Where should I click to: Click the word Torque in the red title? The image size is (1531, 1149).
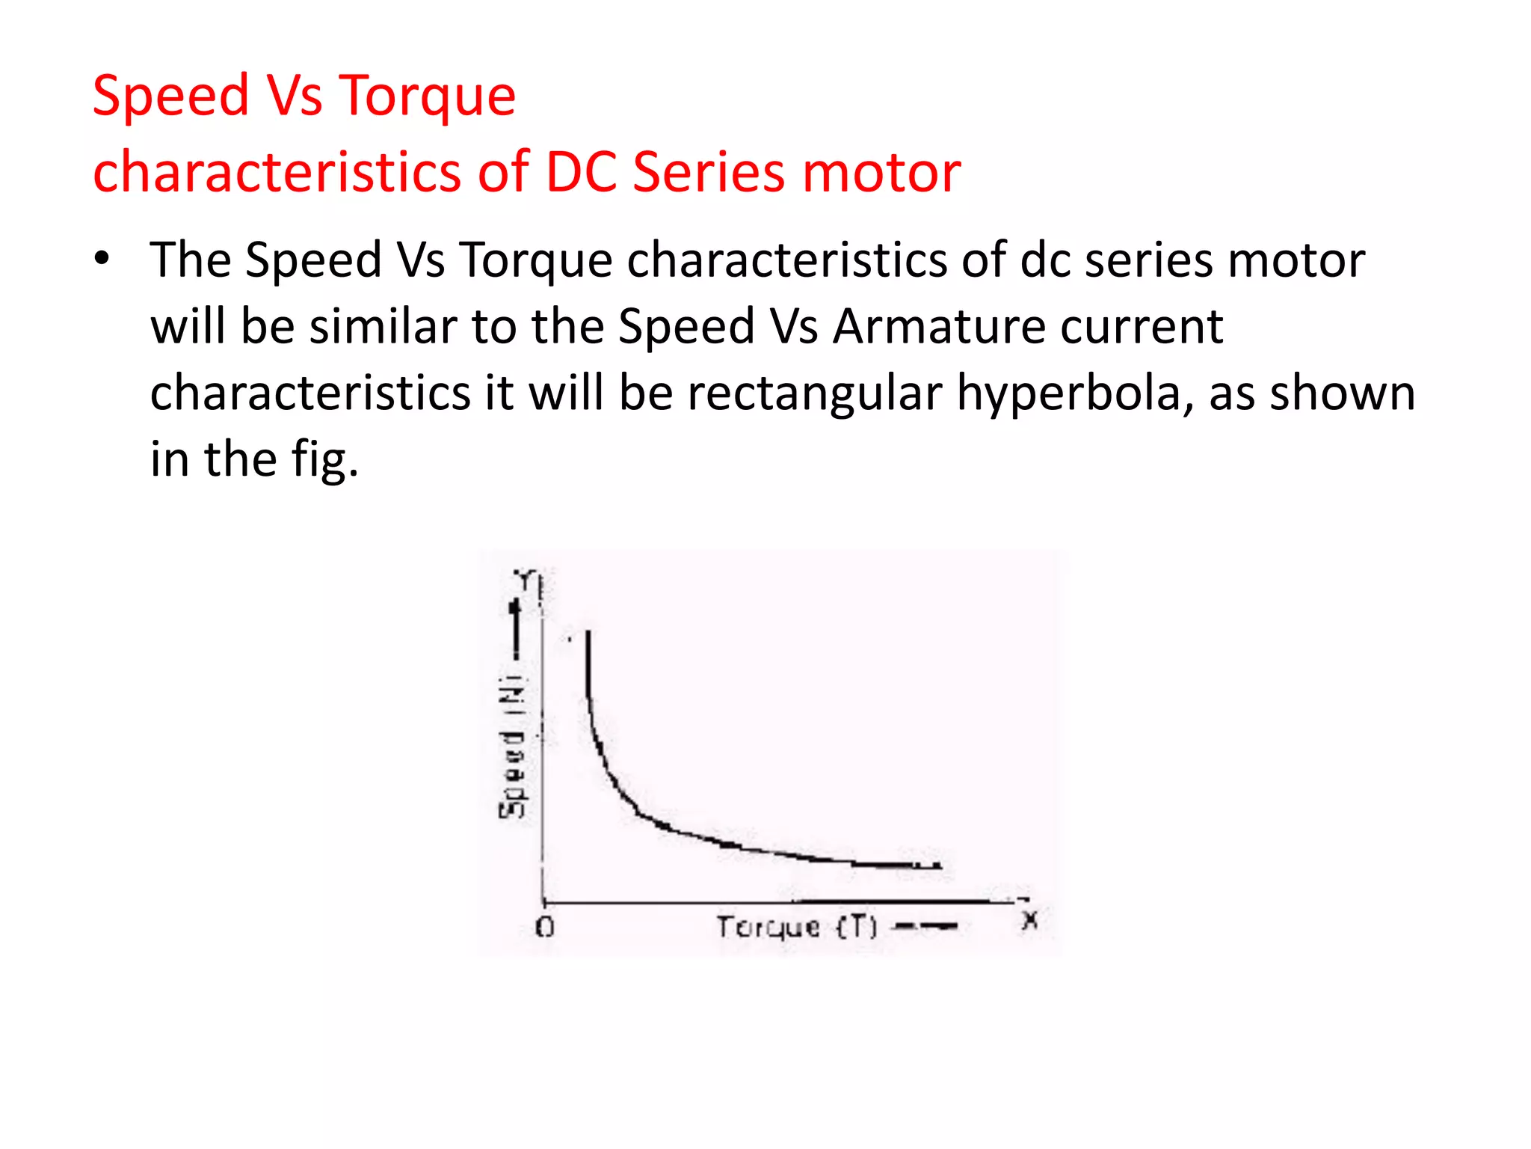tap(427, 96)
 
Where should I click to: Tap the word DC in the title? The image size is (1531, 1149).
tap(581, 172)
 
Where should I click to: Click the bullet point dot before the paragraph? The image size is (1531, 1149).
tap(102, 259)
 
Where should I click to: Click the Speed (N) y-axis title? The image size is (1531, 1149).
tap(512, 748)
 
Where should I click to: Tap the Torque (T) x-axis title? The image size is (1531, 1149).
tap(797, 928)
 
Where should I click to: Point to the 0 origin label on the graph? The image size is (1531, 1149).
tap(545, 928)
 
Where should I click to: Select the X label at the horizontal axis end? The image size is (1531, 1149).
tap(1030, 920)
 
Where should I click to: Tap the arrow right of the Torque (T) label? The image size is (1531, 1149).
tap(927, 927)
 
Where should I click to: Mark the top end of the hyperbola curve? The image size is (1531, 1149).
tap(588, 634)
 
